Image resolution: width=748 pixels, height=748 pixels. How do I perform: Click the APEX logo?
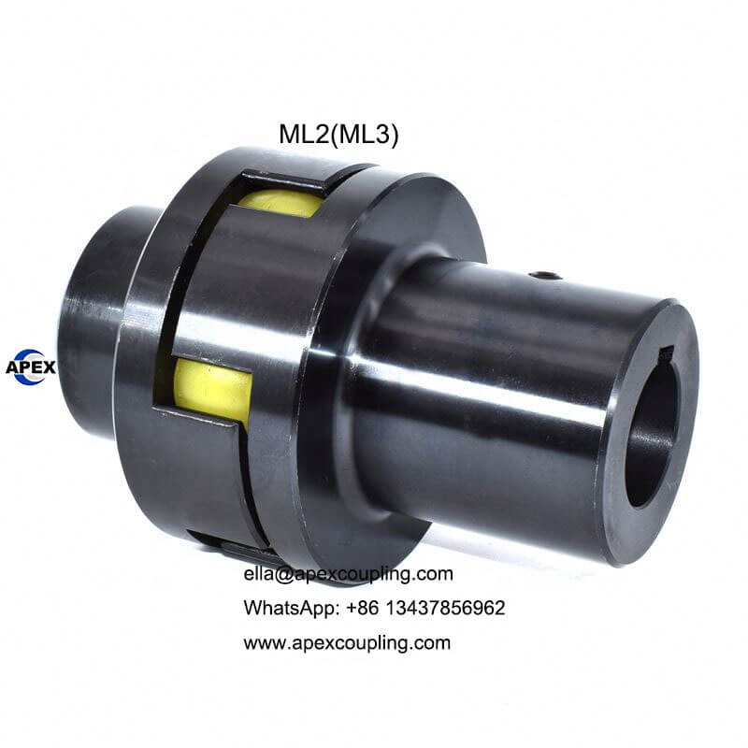[x=31, y=367]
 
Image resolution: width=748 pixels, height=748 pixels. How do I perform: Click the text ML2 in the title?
[x=303, y=134]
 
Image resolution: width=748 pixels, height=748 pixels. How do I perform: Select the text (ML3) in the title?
[x=364, y=135]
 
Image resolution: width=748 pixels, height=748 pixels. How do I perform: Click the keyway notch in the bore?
[x=666, y=355]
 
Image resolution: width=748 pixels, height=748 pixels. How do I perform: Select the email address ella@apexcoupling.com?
[x=348, y=573]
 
